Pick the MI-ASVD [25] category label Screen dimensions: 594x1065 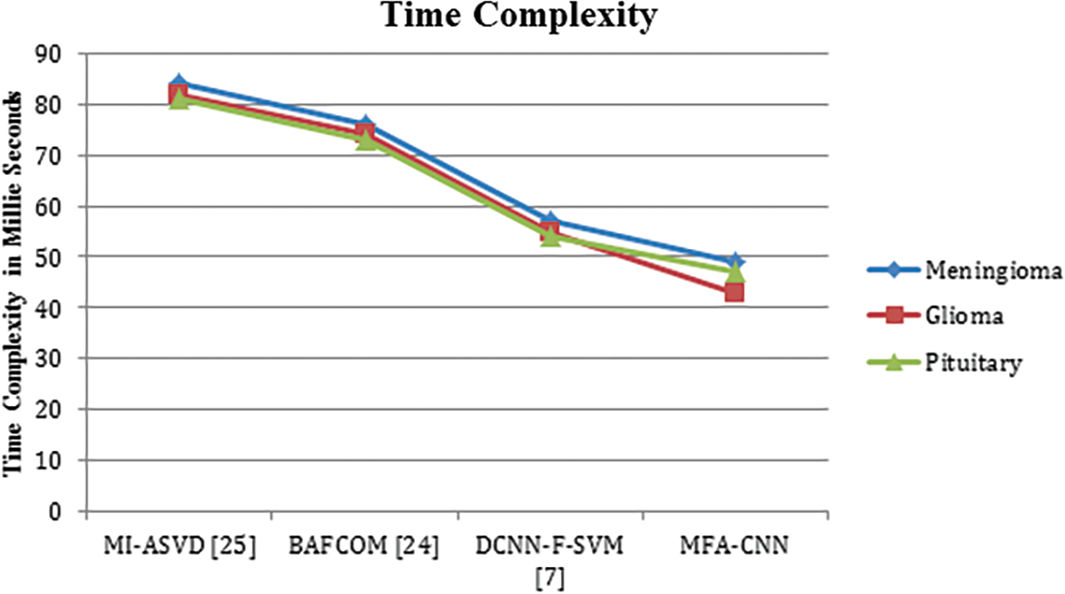(178, 543)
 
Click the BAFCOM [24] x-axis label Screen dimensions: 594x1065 (364, 543)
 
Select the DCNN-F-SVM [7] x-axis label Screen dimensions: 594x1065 (550, 554)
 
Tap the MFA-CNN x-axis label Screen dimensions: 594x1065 (735, 543)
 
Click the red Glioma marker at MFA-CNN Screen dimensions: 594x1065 (735, 292)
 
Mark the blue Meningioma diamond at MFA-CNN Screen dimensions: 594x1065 (735, 261)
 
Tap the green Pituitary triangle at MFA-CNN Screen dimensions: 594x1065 (735, 272)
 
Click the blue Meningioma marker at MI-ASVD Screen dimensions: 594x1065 (179, 84)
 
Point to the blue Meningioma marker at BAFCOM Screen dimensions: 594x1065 (365, 125)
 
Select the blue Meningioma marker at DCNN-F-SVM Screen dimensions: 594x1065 (550, 221)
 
